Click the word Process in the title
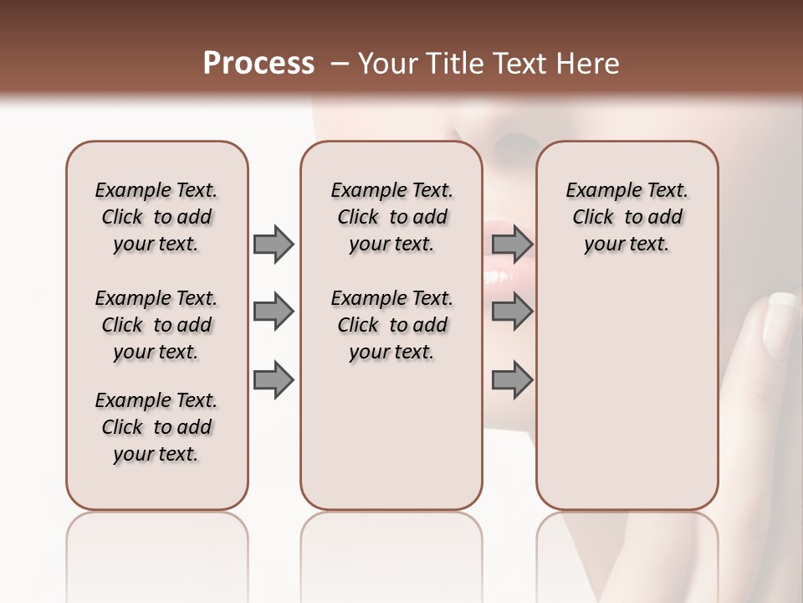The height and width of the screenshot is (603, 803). coord(258,64)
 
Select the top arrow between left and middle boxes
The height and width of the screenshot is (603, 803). coord(274,245)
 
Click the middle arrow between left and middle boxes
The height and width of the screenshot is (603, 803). coord(274,312)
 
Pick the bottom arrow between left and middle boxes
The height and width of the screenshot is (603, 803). coord(274,379)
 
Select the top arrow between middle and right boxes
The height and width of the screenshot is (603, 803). coord(512,245)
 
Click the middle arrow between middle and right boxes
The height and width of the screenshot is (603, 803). coord(512,312)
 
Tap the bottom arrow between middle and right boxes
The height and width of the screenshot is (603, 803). coord(512,379)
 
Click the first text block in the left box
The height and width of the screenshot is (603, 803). coord(156,217)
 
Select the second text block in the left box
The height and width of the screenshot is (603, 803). coord(156,325)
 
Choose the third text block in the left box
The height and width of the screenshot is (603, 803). coord(156,427)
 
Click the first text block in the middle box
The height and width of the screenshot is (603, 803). coord(391,217)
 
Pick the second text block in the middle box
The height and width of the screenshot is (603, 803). coord(391,325)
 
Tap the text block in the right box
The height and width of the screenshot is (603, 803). coord(627,217)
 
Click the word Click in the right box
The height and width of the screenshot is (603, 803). coord(593,218)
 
